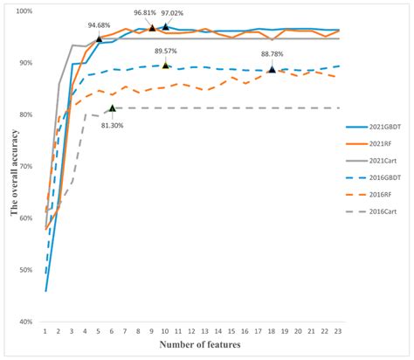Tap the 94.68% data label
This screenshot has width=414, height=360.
pyautogui.click(x=99, y=25)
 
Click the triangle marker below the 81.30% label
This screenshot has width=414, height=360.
pyautogui.click(x=112, y=108)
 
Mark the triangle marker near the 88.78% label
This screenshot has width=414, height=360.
pyautogui.click(x=272, y=69)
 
